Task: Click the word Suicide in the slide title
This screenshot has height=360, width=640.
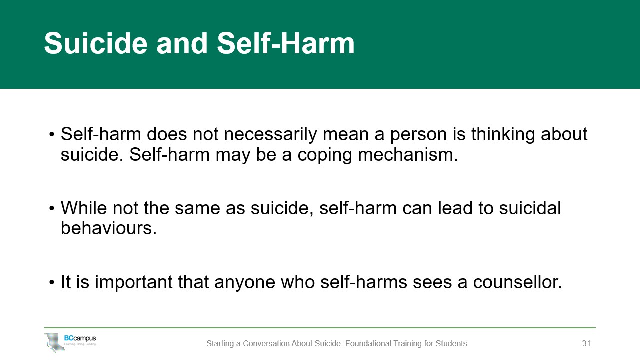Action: pyautogui.click(x=96, y=43)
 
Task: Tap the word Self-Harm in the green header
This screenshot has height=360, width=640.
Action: pyautogui.click(x=285, y=43)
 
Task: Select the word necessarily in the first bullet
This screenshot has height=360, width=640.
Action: pyautogui.click(x=270, y=135)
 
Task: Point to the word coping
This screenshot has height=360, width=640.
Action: pyautogui.click(x=325, y=155)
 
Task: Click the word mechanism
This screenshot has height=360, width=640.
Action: pyautogui.click(x=408, y=155)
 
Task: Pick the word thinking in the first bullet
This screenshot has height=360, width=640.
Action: pyautogui.click(x=503, y=135)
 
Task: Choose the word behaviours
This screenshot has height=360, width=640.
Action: pyautogui.click(x=109, y=228)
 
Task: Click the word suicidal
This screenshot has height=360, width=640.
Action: pyautogui.click(x=530, y=208)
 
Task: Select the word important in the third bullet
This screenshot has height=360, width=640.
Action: pyautogui.click(x=133, y=283)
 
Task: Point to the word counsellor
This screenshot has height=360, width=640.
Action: pyautogui.click(x=517, y=282)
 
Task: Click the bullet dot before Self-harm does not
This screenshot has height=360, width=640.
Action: pyautogui.click(x=51, y=135)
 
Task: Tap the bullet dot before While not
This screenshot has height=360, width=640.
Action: pyautogui.click(x=51, y=209)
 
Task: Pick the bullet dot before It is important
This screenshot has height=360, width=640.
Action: pyautogui.click(x=51, y=283)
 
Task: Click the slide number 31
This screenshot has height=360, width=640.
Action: pyautogui.click(x=586, y=343)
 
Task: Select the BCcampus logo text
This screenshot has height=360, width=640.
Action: pyautogui.click(x=80, y=338)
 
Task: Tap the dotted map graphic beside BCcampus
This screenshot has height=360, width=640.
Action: pyautogui.click(x=54, y=342)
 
